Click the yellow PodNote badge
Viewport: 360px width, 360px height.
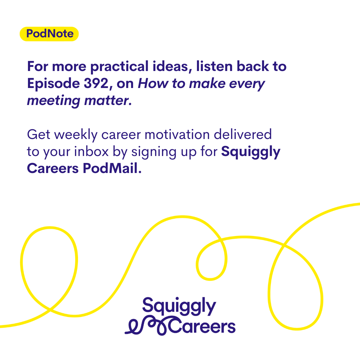(49, 34)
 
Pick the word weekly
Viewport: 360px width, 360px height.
(76, 135)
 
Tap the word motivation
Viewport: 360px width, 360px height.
(177, 134)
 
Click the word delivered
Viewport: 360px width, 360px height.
(243, 134)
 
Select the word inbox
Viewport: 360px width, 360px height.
(91, 152)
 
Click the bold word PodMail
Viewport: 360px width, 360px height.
(112, 168)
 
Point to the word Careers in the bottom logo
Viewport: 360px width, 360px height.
(202, 326)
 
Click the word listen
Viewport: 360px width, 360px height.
(214, 66)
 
